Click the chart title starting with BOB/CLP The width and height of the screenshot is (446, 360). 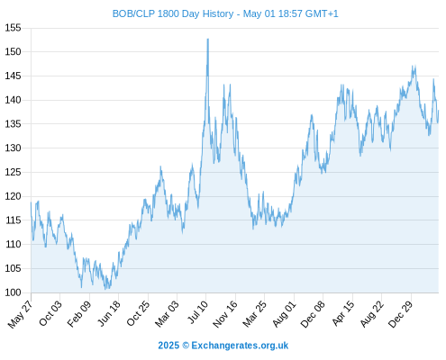225,13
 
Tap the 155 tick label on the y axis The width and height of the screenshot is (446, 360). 13,28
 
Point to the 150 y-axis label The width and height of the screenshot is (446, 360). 13,52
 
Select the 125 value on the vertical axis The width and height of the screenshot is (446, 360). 13,173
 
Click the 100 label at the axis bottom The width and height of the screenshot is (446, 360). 13,292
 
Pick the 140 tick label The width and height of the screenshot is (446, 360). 13,100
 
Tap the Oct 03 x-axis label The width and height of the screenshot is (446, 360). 50,313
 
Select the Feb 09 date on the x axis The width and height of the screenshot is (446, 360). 79,314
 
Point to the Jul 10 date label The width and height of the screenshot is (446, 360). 197,312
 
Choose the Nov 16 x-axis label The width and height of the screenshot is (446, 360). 225,314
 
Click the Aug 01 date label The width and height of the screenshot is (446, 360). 284,314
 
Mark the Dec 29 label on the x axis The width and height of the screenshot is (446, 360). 401,314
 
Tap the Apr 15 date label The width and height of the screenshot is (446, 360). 343,313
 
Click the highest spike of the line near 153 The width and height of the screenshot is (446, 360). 207,39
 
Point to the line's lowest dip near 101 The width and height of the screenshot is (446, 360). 105,289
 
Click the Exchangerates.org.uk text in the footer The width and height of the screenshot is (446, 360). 240,346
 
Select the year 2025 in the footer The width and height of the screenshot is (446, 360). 168,346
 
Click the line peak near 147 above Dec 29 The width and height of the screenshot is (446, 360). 414,67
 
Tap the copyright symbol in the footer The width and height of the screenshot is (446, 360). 186,346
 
